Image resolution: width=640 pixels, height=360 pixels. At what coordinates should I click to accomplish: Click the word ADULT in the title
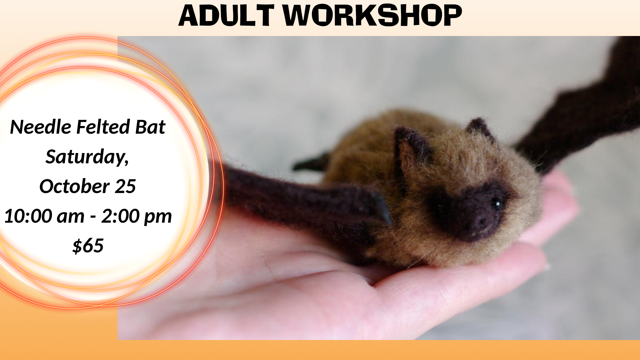point(226,15)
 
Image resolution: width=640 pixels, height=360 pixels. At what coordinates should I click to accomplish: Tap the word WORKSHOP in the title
point(372,15)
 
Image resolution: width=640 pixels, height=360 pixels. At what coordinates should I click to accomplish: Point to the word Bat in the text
point(150,127)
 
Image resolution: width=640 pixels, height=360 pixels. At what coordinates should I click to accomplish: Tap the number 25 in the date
point(125,186)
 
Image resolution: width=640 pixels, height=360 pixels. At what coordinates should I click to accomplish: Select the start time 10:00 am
point(44,216)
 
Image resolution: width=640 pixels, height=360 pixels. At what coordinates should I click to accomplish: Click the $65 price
point(88,246)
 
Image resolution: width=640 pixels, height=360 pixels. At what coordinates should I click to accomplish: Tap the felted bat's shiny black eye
point(497,203)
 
